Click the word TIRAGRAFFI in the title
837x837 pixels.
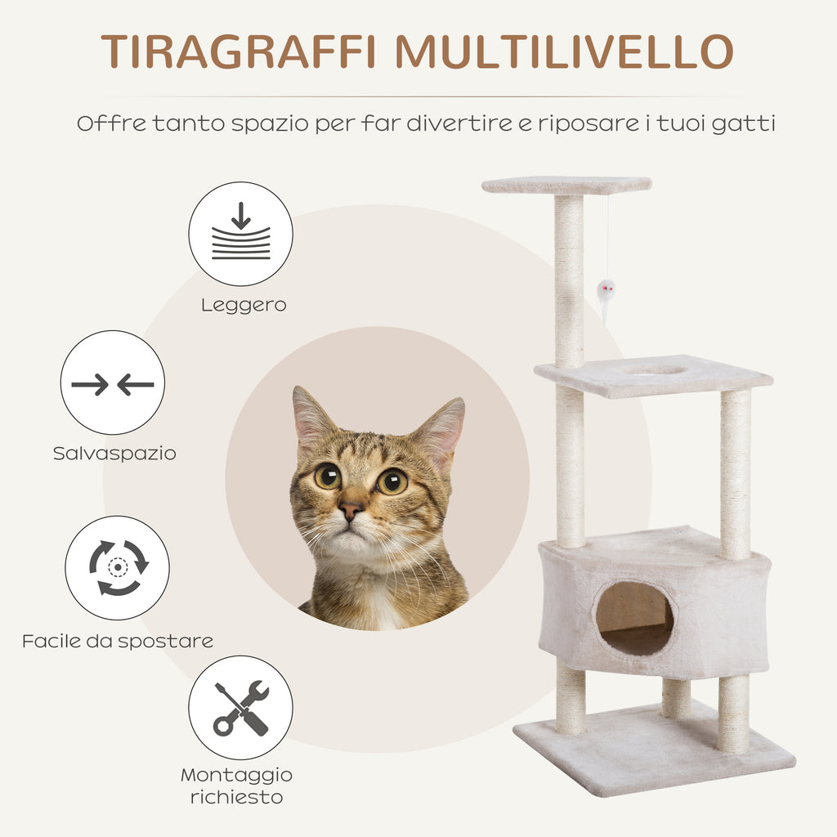[x=239, y=51]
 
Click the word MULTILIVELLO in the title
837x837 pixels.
[x=565, y=51]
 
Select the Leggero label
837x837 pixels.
[x=244, y=306]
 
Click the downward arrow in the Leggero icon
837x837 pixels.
[x=241, y=216]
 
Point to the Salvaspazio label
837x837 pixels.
[x=114, y=454]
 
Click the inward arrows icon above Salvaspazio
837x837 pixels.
[x=113, y=384]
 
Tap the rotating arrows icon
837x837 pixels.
[x=118, y=567]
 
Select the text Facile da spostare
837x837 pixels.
[x=118, y=641]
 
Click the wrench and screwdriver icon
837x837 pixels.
[x=241, y=708]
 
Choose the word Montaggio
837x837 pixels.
[x=236, y=775]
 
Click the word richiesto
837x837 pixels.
[x=236, y=798]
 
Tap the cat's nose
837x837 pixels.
[x=351, y=511]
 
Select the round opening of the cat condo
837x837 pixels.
[x=634, y=618]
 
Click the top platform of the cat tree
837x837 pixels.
[x=566, y=186]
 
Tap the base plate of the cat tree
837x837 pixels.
[x=654, y=750]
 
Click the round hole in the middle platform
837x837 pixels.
[x=654, y=369]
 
